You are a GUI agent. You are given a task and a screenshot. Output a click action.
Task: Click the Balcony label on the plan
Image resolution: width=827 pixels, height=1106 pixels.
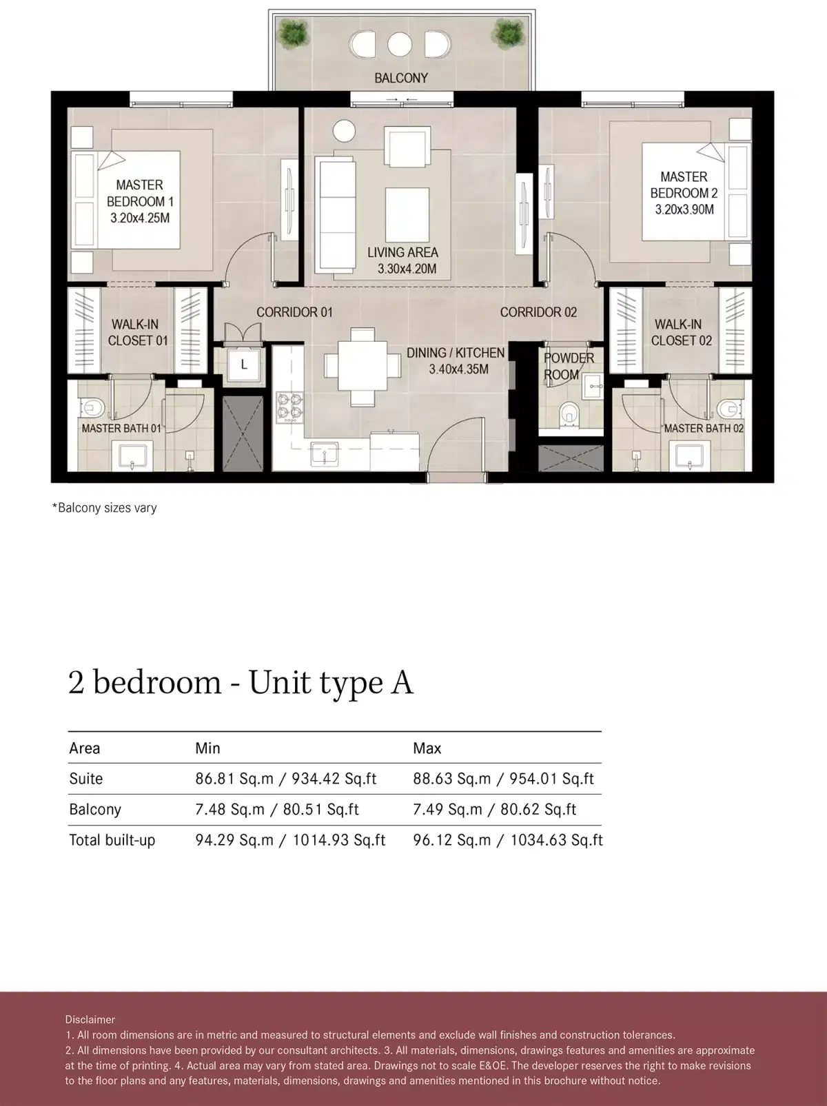click(x=400, y=78)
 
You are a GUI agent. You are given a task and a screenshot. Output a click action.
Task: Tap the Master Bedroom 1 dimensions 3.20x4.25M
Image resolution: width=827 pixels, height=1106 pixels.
click(x=140, y=218)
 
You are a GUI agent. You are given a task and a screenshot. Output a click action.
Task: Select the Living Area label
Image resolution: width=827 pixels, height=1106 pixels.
click(x=402, y=252)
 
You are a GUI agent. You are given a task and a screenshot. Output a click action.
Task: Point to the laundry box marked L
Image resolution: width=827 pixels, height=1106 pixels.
click(x=243, y=365)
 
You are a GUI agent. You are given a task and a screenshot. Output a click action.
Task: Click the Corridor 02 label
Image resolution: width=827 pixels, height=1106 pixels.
click(x=538, y=312)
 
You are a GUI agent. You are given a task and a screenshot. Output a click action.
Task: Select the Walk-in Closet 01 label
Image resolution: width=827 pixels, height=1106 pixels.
click(x=137, y=332)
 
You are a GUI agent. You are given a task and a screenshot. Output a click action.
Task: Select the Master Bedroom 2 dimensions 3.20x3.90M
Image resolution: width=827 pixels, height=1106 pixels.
click(x=684, y=210)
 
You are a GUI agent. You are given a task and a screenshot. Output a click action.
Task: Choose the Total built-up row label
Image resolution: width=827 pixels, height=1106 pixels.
click(x=112, y=840)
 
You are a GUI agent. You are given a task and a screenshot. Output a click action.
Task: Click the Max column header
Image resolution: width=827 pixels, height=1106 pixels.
click(x=427, y=748)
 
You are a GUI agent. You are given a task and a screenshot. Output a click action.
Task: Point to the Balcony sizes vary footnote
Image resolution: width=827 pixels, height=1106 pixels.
click(x=105, y=508)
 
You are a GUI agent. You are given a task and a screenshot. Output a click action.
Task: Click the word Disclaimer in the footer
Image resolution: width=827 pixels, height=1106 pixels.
click(x=90, y=1019)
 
